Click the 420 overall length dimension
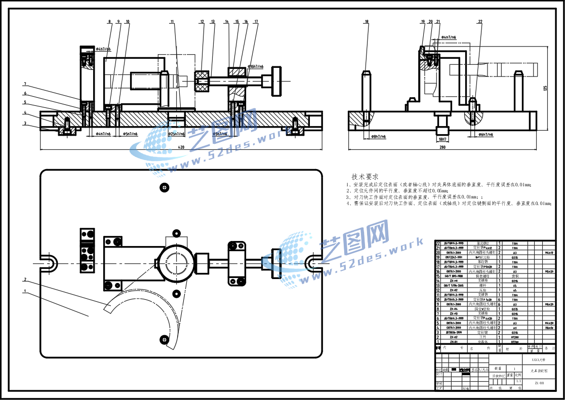pos(181,147)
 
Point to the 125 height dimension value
pos(545,88)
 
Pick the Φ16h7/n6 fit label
pos(256,67)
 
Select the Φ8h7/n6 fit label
pos(378,137)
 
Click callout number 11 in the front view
pos(172,22)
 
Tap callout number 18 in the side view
pos(366,22)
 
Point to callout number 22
pos(479,22)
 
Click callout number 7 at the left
pos(24,84)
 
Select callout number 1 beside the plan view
pos(24,291)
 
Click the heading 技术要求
pos(365,177)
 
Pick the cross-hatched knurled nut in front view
pos(203,81)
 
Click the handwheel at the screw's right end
pos(276,81)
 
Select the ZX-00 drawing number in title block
pos(539,383)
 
